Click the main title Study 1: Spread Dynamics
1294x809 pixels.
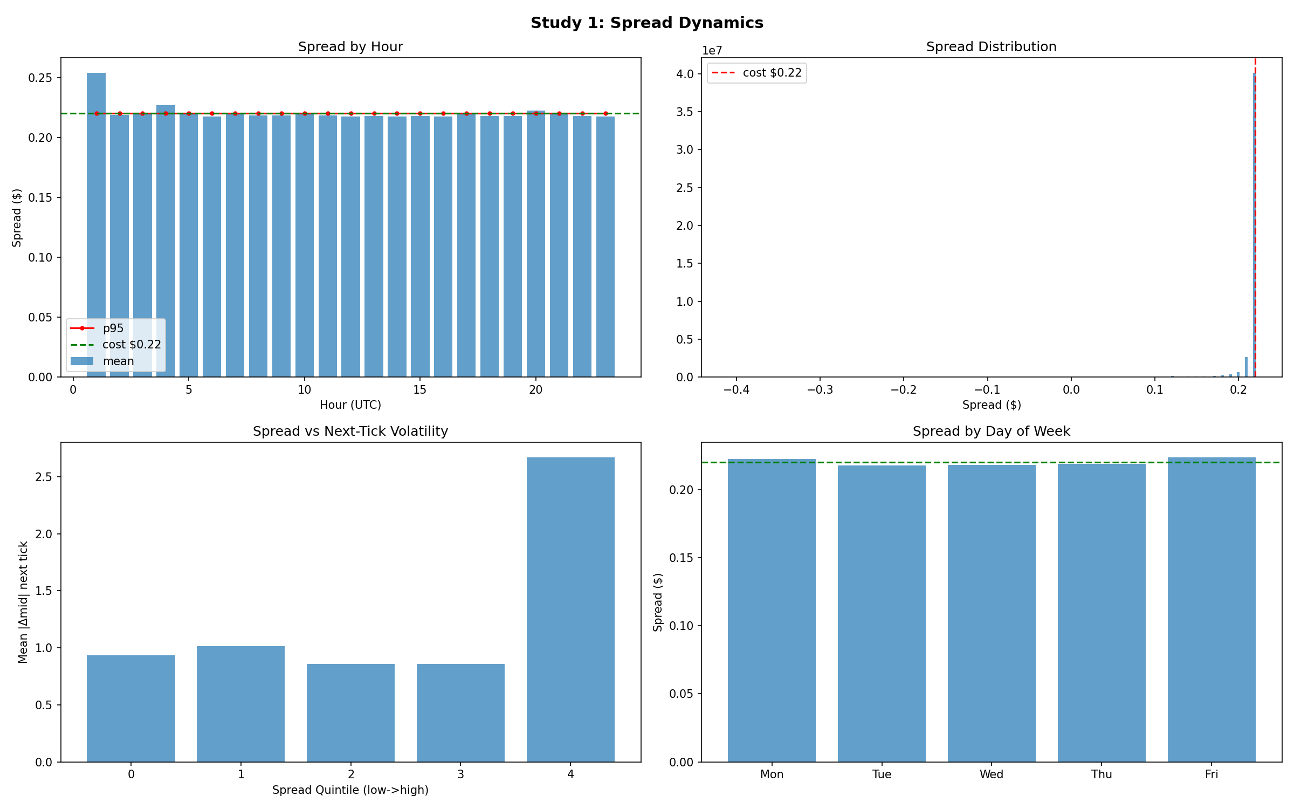[646, 23]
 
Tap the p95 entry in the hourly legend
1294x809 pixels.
[113, 328]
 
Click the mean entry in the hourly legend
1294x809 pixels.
[118, 361]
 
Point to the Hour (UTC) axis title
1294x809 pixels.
[350, 404]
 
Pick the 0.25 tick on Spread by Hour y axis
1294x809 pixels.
[40, 78]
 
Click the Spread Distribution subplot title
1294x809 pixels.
[991, 47]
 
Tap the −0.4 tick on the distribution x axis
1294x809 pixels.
[736, 389]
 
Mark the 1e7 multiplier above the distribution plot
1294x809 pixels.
[712, 51]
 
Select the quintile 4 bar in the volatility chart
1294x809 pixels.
[570, 609]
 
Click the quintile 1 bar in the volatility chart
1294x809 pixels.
[240, 704]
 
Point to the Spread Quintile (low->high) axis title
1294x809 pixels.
[350, 790]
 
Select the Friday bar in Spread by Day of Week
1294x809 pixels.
[1212, 609]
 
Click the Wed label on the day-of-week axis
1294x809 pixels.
[991, 774]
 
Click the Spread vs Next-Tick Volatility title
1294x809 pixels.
[350, 431]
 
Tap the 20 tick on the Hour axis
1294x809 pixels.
[535, 389]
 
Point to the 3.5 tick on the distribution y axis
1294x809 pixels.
[685, 112]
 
